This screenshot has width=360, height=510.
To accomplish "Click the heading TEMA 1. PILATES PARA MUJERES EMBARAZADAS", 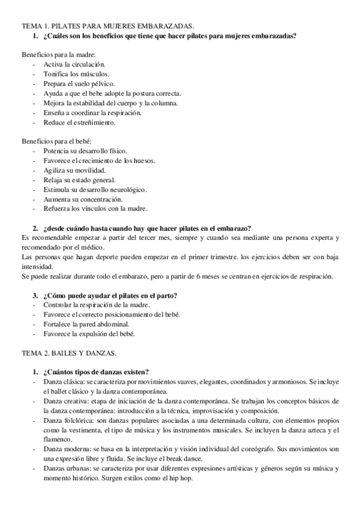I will pyautogui.click(x=108, y=26).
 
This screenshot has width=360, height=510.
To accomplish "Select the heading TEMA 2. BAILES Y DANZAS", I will pyautogui.click(x=69, y=352).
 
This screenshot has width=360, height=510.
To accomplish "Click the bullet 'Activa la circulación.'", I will pyautogui.click(x=74, y=64).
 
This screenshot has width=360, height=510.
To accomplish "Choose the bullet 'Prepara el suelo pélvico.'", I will pyautogui.click(x=79, y=84).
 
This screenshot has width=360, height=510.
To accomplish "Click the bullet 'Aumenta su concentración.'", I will pyautogui.click(x=82, y=199).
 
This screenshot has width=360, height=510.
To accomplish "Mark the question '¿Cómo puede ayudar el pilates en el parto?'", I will pyautogui.click(x=113, y=295).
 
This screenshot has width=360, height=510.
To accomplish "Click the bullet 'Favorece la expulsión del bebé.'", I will pyautogui.click(x=89, y=334).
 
